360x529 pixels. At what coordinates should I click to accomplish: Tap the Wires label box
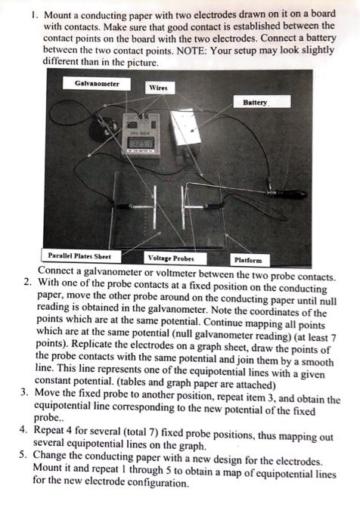(158, 88)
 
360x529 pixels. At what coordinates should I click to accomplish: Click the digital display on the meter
(142, 141)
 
